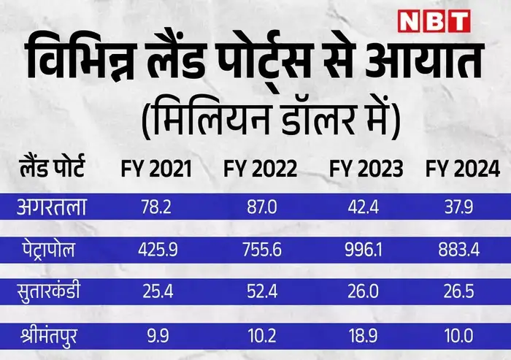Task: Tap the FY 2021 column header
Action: click(x=155, y=169)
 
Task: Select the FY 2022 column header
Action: click(x=260, y=169)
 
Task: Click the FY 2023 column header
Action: click(x=366, y=169)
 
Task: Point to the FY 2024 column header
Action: click(x=463, y=169)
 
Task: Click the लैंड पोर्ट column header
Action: click(x=52, y=170)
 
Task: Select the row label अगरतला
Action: click(x=53, y=208)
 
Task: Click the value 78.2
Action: click(x=155, y=209)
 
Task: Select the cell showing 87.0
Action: click(x=261, y=209)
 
